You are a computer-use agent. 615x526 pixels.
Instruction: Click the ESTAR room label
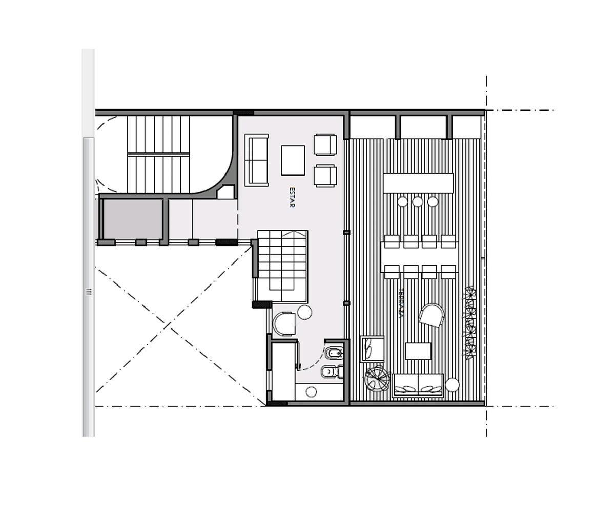pyautogui.click(x=292, y=197)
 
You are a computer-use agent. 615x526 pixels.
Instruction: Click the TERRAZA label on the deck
pyautogui.click(x=401, y=303)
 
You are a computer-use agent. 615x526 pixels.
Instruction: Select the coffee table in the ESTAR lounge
pyautogui.click(x=293, y=160)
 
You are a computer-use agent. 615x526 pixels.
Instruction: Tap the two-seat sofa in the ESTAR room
pyautogui.click(x=256, y=160)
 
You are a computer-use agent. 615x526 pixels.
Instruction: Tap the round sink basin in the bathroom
pyautogui.click(x=311, y=392)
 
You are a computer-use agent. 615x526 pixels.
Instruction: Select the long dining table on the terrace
pyautogui.click(x=418, y=257)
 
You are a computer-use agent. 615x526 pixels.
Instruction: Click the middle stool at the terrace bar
pyautogui.click(x=418, y=202)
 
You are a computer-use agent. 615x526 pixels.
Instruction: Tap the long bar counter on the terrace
pyautogui.click(x=418, y=184)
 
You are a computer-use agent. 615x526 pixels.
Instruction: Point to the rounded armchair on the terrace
pyautogui.click(x=432, y=315)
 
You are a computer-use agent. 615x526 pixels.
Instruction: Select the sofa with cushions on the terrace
pyautogui.click(x=418, y=385)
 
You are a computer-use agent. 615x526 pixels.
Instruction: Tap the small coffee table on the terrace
pyautogui.click(x=418, y=351)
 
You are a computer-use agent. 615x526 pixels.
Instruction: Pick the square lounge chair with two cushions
pyautogui.click(x=372, y=348)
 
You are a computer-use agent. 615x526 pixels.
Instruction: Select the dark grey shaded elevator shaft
pyautogui.click(x=132, y=219)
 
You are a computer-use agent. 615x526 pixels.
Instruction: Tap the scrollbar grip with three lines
pyautogui.click(x=88, y=292)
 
